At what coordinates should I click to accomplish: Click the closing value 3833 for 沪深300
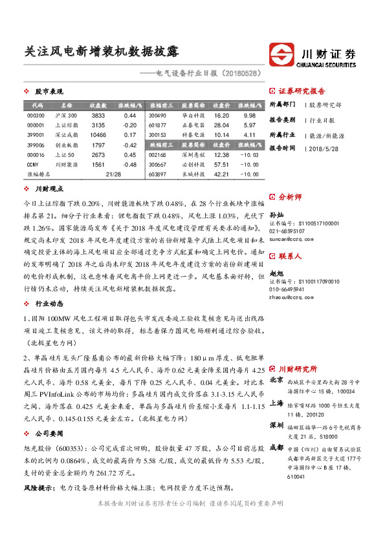(x=98, y=115)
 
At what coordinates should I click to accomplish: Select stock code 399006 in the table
(x=36, y=145)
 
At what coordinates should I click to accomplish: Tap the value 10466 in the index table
(x=98, y=135)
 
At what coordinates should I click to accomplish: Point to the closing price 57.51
(x=221, y=165)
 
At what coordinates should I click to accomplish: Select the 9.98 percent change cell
(x=250, y=115)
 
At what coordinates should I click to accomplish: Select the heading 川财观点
(x=49, y=189)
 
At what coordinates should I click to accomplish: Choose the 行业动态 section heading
(x=49, y=302)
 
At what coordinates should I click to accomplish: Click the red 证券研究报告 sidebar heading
(x=302, y=91)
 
